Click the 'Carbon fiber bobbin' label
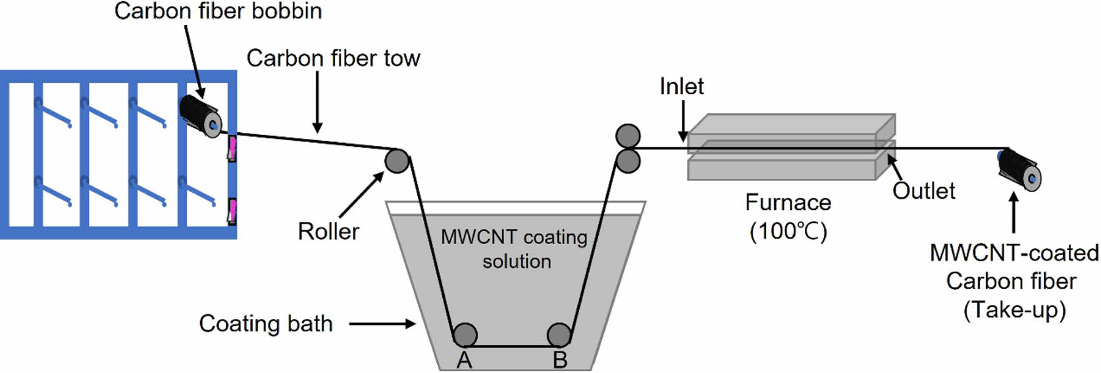coord(218,11)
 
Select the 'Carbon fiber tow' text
coord(333,59)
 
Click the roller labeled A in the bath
coord(465,335)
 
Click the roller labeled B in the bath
coord(559,335)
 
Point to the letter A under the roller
coord(465,361)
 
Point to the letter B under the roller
coord(560,361)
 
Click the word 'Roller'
coord(328,232)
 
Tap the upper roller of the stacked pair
coord(628,136)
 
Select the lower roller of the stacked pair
coord(628,161)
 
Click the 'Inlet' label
coord(681,86)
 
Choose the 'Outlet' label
coord(923,191)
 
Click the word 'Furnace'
coord(788,202)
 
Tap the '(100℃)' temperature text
coord(788,231)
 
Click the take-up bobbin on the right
coord(1019,169)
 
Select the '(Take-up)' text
coord(1014,310)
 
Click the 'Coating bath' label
coord(266,324)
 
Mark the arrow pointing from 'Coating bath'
coord(382,324)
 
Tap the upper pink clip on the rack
coord(232,147)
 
